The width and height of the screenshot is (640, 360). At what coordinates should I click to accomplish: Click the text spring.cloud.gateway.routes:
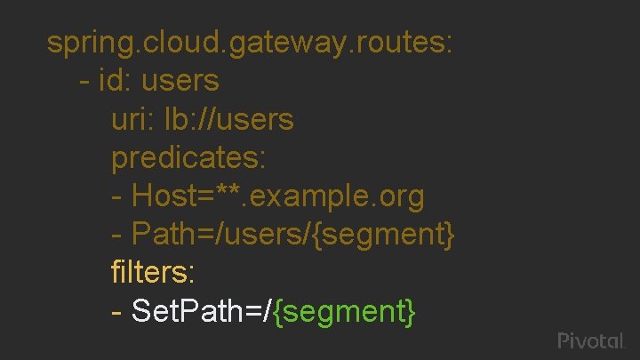[x=251, y=43]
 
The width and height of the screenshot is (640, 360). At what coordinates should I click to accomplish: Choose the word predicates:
[x=188, y=158]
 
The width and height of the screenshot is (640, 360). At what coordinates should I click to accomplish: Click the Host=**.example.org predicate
[x=277, y=196]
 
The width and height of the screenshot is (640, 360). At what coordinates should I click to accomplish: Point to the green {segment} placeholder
[x=345, y=311]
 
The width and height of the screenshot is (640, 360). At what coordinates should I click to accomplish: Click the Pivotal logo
[x=592, y=341]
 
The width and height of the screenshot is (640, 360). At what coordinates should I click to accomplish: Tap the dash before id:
[x=84, y=82]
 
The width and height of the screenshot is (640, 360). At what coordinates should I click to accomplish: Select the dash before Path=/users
[x=116, y=236]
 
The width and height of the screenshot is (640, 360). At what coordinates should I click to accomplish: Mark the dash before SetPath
[x=116, y=312]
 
